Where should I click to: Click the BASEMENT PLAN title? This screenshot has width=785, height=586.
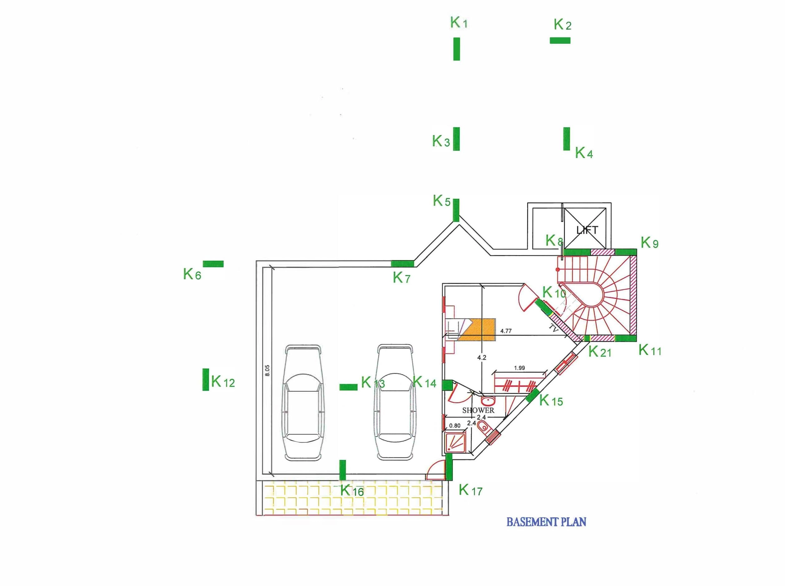546,522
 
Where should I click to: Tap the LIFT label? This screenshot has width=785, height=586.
587,230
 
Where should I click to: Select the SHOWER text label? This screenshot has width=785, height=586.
478,410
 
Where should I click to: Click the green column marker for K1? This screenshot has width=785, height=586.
456,49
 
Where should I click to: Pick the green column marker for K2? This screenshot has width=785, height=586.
560,40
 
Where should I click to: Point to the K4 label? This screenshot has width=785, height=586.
584,153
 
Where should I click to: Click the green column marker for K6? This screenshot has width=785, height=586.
213,264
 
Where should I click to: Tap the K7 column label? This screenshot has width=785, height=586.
401,277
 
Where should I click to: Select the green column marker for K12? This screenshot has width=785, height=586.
206,380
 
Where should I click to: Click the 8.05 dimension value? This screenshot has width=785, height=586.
267,370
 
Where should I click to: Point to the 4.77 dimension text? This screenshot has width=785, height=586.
506,331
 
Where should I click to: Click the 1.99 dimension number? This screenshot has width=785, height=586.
519,368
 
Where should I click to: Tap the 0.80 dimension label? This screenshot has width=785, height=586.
455,426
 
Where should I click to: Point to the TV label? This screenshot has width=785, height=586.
553,328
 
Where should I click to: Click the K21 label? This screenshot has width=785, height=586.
600,351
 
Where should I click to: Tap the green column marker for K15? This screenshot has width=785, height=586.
533,395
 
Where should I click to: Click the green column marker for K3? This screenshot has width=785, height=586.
456,139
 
